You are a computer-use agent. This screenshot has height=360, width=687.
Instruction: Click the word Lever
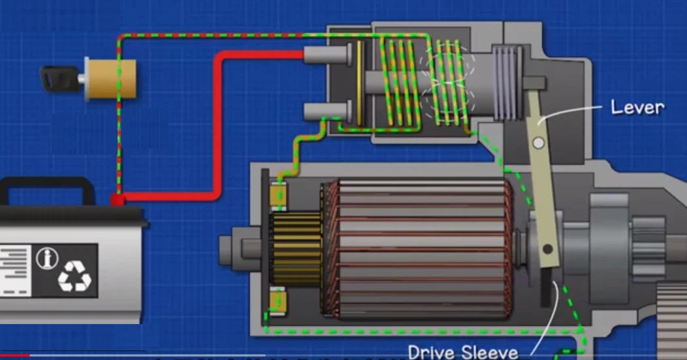click(637, 107)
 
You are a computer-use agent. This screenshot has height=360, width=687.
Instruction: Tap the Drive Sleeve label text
click(463, 352)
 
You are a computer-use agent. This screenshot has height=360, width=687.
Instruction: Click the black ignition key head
click(59, 78)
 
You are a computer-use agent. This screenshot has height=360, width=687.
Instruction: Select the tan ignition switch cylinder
click(110, 79)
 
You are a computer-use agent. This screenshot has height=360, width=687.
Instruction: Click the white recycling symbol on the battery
click(74, 276)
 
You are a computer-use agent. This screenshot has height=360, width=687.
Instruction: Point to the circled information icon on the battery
click(47, 258)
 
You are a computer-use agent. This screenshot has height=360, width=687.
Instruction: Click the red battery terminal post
click(117, 199)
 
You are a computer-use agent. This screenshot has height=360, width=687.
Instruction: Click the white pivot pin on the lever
click(539, 143)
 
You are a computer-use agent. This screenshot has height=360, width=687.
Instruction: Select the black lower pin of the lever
click(547, 249)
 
